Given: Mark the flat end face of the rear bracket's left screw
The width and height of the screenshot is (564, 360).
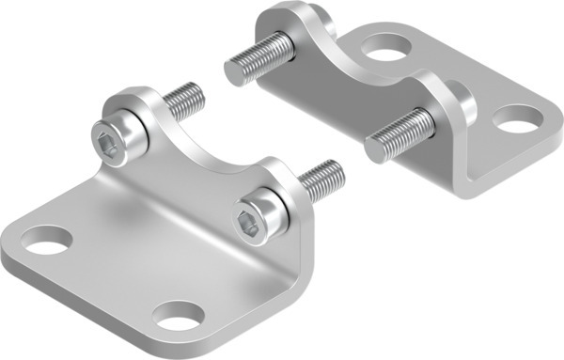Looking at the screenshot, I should pos(234,73).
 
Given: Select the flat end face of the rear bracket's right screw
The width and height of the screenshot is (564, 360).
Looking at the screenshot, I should pos(374,148).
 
